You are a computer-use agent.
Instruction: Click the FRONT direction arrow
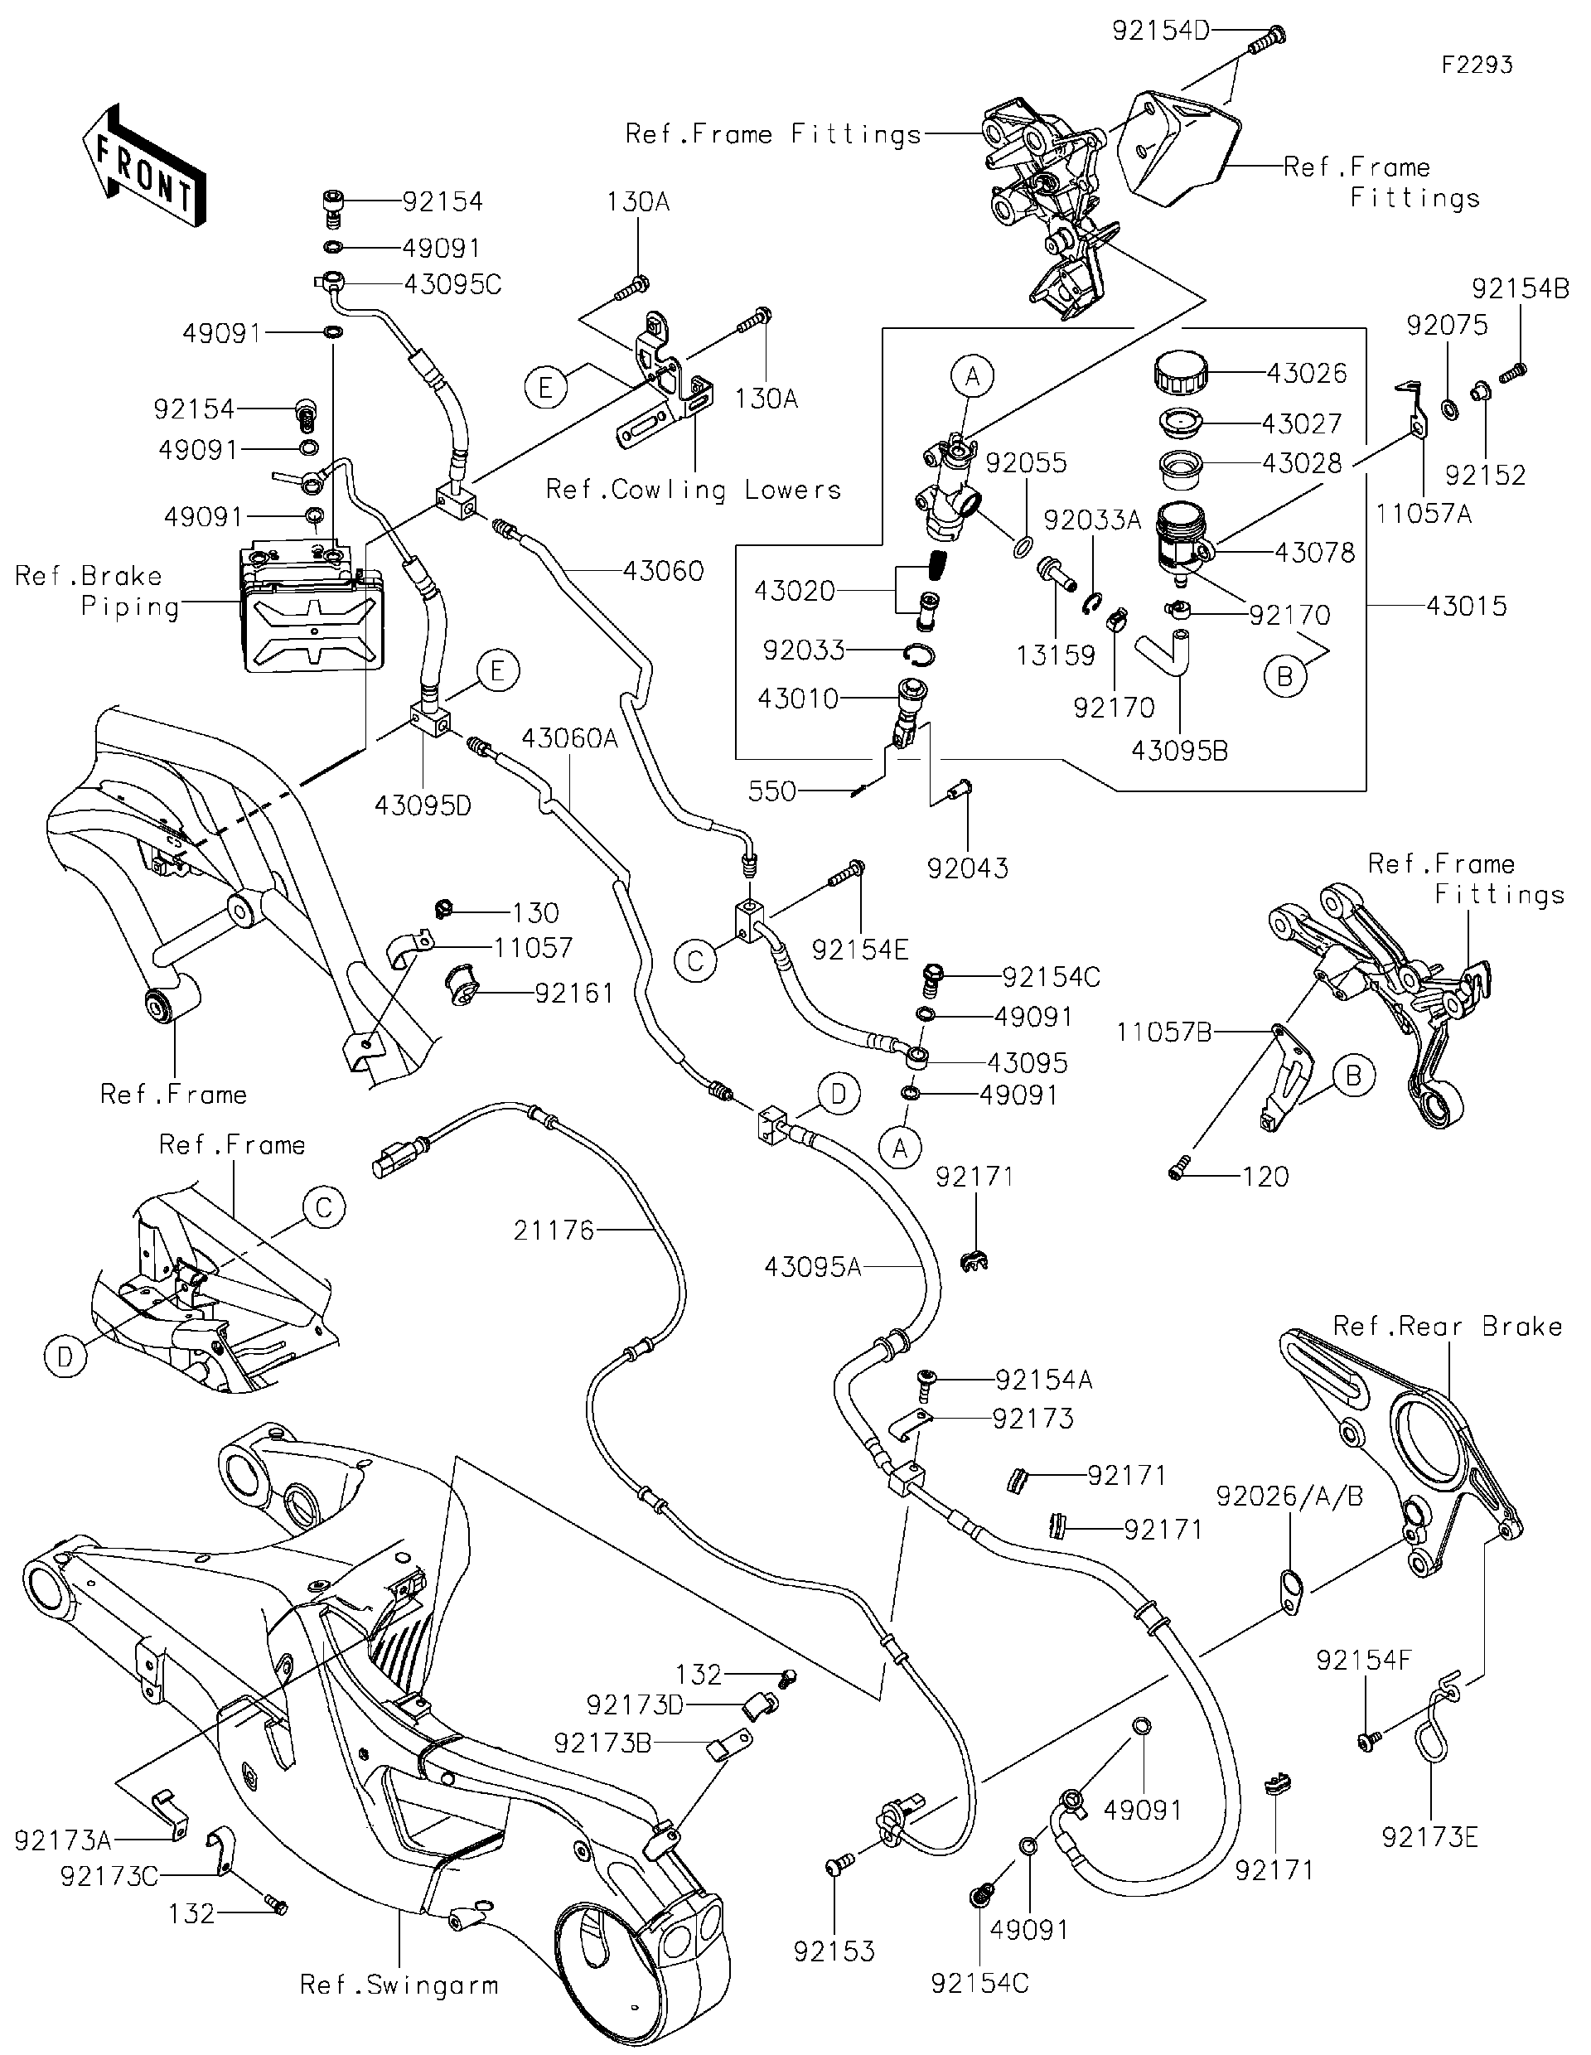pos(144,167)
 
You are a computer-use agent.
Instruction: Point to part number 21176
pos(554,1230)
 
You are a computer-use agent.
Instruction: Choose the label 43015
pos(1466,606)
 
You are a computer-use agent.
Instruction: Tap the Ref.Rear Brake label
pos(1447,1327)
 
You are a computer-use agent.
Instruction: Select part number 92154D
pos(1160,31)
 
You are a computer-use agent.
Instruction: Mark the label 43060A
pos(570,738)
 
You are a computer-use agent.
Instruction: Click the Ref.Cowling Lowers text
pos(694,491)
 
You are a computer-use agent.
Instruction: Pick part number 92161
pos(574,994)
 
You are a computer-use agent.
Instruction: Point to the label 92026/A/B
pos(1289,1496)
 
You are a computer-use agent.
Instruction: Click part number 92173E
pos(1430,1837)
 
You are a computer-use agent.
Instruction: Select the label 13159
pos(1056,655)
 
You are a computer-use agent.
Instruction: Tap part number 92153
pos(834,1951)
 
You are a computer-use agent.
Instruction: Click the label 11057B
pos(1164,1032)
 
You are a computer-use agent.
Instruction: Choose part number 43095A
pos(813,1268)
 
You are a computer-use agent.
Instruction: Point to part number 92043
pos(967,868)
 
